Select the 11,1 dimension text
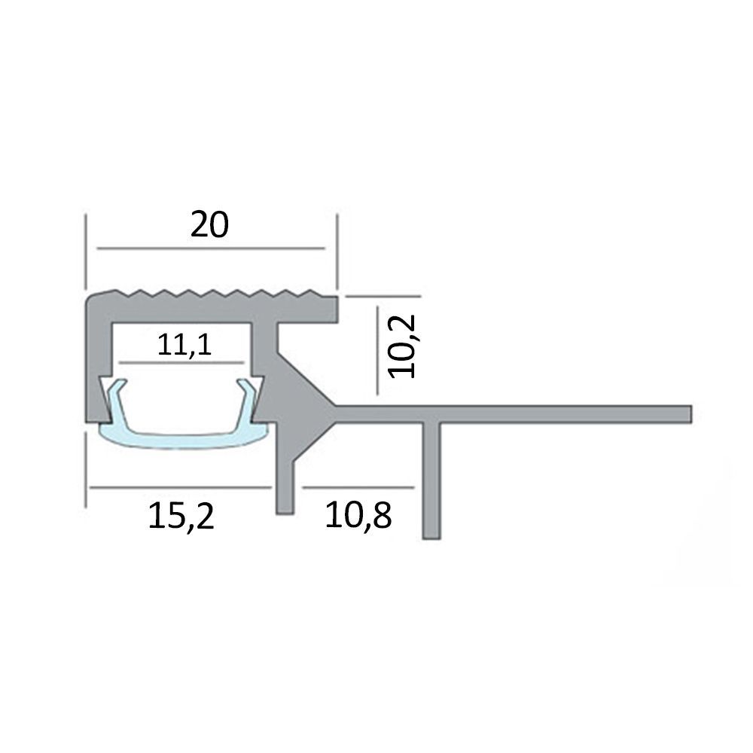click(x=184, y=345)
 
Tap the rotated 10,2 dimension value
click(x=402, y=346)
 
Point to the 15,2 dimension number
click(x=181, y=516)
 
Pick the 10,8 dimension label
click(x=358, y=515)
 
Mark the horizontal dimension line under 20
click(x=211, y=248)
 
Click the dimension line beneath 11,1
click(x=181, y=362)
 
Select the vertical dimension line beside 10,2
click(x=377, y=351)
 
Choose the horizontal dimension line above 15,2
click(x=181, y=487)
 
